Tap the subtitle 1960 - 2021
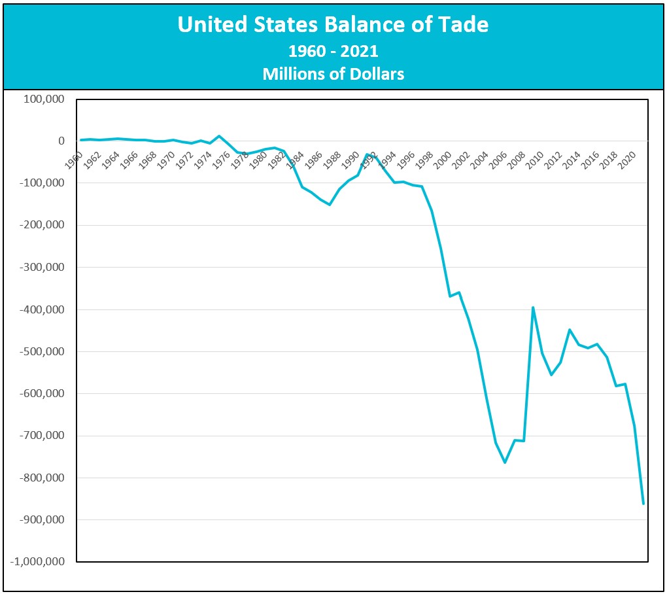(x=333, y=50)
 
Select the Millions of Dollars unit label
(x=333, y=74)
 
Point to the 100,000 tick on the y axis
(x=43, y=99)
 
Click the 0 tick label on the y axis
(x=61, y=141)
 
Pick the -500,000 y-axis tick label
(x=40, y=351)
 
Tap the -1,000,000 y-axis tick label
(x=37, y=561)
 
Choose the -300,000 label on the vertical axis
(x=40, y=268)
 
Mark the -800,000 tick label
(x=40, y=478)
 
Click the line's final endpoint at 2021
(x=643, y=503)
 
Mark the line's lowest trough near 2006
(x=505, y=462)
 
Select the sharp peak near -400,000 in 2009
(x=533, y=307)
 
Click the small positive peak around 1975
(x=219, y=136)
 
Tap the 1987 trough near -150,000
(x=330, y=205)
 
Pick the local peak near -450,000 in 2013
(x=570, y=330)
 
